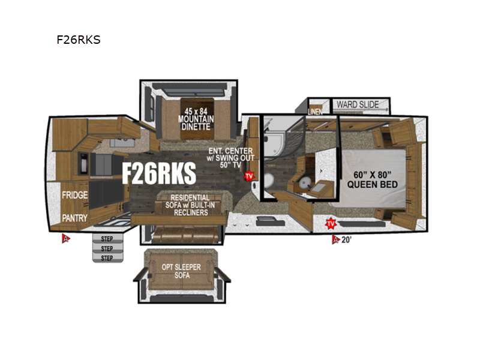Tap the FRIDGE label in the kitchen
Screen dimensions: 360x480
point(75,196)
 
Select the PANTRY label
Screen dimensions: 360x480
point(75,218)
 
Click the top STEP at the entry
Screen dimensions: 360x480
point(107,238)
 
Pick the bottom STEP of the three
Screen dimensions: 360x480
point(107,258)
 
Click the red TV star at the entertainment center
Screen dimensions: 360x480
point(248,176)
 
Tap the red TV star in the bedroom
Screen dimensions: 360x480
point(329,224)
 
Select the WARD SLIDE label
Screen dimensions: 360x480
point(358,104)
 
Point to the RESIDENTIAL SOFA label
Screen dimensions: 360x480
point(190,205)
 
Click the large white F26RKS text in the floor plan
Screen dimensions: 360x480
point(159,173)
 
